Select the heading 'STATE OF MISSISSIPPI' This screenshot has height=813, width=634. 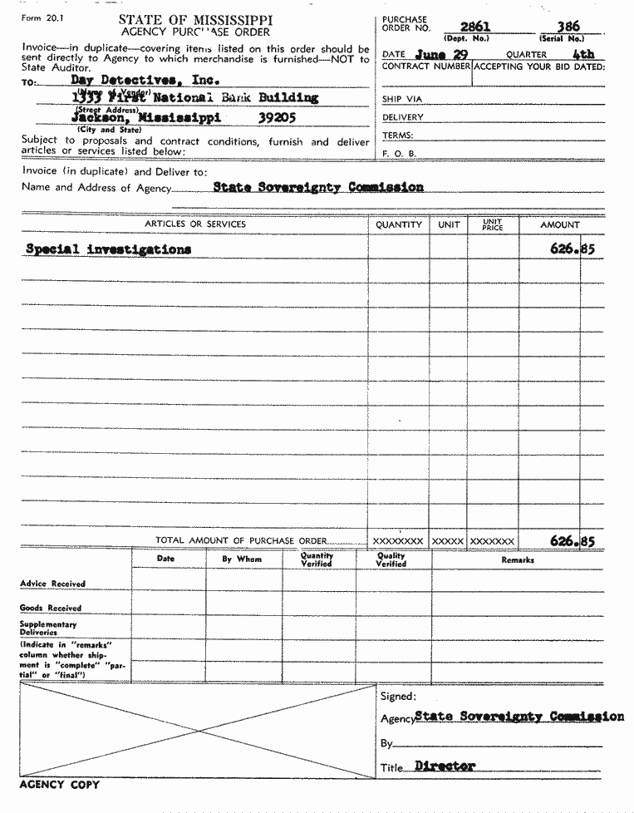click(x=195, y=19)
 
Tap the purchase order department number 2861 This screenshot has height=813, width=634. click(x=476, y=27)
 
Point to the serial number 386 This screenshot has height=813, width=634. click(x=568, y=27)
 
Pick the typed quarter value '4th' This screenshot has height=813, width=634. click(x=583, y=55)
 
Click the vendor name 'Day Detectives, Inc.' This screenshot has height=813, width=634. click(x=145, y=81)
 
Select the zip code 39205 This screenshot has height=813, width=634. click(x=277, y=117)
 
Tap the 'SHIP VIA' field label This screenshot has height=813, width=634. click(x=402, y=100)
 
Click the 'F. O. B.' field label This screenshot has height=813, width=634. click(x=399, y=154)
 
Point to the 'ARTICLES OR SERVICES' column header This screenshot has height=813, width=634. click(x=195, y=224)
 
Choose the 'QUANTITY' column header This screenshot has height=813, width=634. click(x=399, y=224)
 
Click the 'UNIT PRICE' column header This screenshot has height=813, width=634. click(x=493, y=224)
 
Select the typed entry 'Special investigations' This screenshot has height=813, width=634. click(x=108, y=249)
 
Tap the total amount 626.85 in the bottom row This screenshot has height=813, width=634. click(x=573, y=540)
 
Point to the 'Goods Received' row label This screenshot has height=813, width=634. click(x=52, y=608)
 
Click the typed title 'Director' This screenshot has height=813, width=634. click(x=445, y=766)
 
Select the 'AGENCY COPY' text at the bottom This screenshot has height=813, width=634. click(x=59, y=785)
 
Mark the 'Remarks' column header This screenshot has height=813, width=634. click(x=518, y=560)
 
